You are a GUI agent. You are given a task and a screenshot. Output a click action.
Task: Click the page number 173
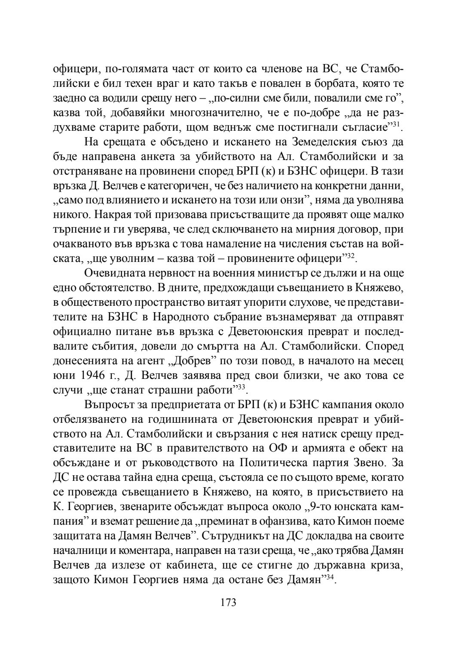coord(228,602)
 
